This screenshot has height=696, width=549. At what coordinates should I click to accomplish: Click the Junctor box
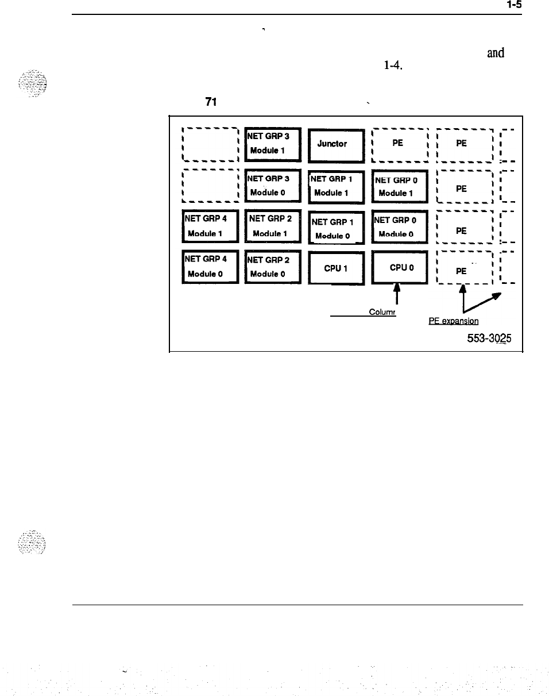click(x=336, y=143)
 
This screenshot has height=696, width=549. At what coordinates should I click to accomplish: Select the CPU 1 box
click(x=336, y=267)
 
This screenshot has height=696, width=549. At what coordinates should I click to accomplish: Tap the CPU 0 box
click(x=400, y=267)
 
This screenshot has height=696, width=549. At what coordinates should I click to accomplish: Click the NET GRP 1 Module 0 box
click(x=336, y=228)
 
